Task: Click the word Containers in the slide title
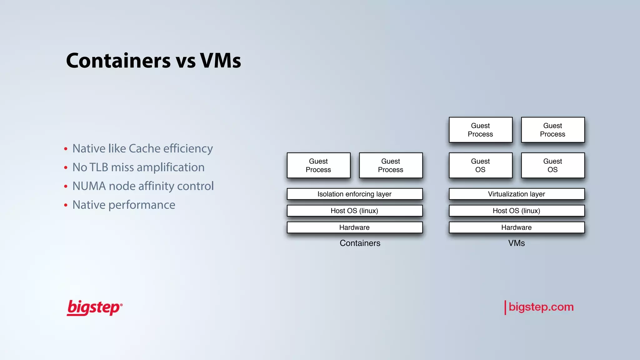(x=118, y=61)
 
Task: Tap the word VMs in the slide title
(x=220, y=61)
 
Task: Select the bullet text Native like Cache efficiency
(x=142, y=148)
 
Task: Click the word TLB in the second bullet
(x=98, y=167)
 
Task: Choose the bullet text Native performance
(x=124, y=205)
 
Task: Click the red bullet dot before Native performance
(x=66, y=205)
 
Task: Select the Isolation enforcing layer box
(x=354, y=194)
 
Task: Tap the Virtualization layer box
(x=516, y=194)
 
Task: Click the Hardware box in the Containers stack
(x=354, y=227)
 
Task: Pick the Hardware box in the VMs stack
(x=516, y=227)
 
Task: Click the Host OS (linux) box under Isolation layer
(x=354, y=211)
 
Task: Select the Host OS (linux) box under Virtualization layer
(x=516, y=211)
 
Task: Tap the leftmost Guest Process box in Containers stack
(x=318, y=165)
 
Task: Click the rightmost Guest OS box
(x=552, y=165)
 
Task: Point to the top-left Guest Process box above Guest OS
(x=480, y=130)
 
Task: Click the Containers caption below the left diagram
(x=360, y=243)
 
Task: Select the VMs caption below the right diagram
(x=516, y=243)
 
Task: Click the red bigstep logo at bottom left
(x=94, y=308)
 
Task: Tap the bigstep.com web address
(x=541, y=307)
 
